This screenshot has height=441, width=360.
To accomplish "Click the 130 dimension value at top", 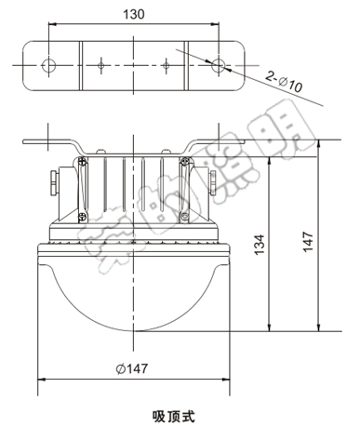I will [x=135, y=16].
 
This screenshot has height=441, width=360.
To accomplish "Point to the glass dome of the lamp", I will [x=135, y=298].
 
